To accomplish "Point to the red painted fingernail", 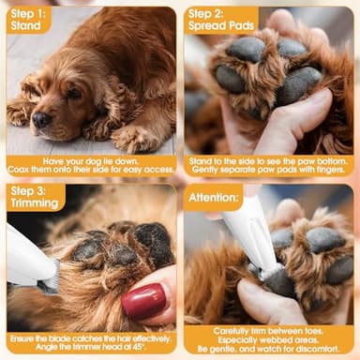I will (x=142, y=302).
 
